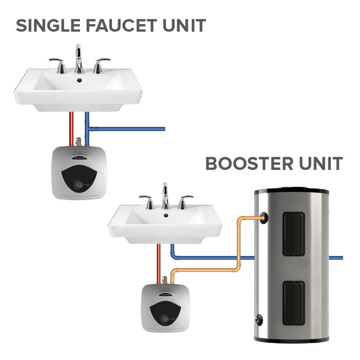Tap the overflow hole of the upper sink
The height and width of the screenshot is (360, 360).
(x=79, y=78)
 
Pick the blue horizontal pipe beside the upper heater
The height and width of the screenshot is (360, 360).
(x=130, y=129)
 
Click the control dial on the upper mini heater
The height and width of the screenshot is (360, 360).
(x=79, y=185)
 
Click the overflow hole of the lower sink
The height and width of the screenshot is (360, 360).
(x=166, y=215)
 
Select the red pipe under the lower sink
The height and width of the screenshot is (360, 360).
(x=158, y=263)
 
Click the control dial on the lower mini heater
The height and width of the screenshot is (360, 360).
(x=165, y=318)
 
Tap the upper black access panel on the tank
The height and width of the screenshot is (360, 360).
(x=293, y=234)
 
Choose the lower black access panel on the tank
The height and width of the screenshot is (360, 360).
(x=293, y=302)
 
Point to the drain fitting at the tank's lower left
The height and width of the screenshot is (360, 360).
(x=259, y=318)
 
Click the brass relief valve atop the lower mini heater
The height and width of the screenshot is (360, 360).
(x=165, y=279)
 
